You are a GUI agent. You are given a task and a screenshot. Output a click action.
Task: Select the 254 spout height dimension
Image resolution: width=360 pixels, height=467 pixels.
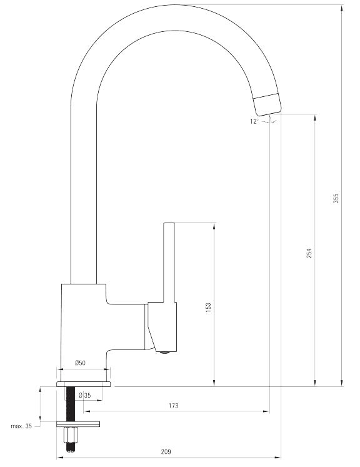(309, 253)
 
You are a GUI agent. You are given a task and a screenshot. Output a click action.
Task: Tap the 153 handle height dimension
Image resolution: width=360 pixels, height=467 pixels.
(208, 308)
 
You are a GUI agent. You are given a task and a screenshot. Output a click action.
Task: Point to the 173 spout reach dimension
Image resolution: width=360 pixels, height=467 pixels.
(173, 405)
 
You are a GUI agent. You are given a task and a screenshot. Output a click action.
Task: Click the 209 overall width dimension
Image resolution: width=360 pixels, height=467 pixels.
(166, 451)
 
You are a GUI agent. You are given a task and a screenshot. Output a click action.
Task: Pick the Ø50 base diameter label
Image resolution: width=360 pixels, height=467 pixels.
(81, 363)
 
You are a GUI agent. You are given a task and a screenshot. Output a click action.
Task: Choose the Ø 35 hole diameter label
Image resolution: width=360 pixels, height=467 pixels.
(84, 396)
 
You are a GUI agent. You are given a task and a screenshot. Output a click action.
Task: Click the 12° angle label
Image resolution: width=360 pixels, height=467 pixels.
(254, 121)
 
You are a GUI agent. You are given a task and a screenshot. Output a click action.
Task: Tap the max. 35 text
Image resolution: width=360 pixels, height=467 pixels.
(21, 426)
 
